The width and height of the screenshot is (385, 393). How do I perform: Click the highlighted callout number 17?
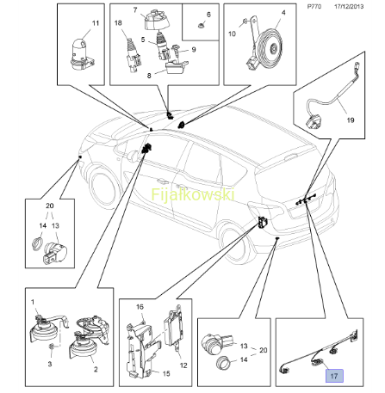[x=334, y=376]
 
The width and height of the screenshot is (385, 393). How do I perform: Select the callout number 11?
[x=96, y=23]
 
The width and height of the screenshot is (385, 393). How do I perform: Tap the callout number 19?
[x=351, y=120]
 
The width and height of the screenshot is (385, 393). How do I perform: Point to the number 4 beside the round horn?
[x=283, y=13]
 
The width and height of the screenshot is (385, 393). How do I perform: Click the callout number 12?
[x=183, y=365]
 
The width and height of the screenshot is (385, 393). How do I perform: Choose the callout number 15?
[x=166, y=373]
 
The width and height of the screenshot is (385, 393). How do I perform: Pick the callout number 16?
[x=140, y=307]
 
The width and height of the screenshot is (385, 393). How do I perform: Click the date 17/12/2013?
[x=349, y=6]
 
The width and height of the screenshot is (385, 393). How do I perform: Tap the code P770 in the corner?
[x=314, y=6]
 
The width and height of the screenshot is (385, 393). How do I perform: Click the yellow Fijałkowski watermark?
[x=193, y=194]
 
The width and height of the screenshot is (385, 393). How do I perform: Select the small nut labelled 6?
[x=202, y=26]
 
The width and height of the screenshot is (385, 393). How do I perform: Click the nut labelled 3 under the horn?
[x=52, y=347]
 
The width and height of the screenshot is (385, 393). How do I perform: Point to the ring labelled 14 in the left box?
[x=37, y=244]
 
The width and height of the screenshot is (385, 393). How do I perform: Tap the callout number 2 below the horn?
[x=96, y=370]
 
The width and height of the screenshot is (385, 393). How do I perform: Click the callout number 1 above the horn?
[x=33, y=302]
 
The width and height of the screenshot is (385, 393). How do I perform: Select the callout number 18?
[x=118, y=23]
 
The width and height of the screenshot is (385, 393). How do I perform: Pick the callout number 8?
[x=149, y=76]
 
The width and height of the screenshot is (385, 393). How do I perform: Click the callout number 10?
[x=232, y=34]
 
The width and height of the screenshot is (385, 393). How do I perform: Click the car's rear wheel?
[x=235, y=243]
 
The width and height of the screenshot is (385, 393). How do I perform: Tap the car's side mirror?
[x=132, y=157]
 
